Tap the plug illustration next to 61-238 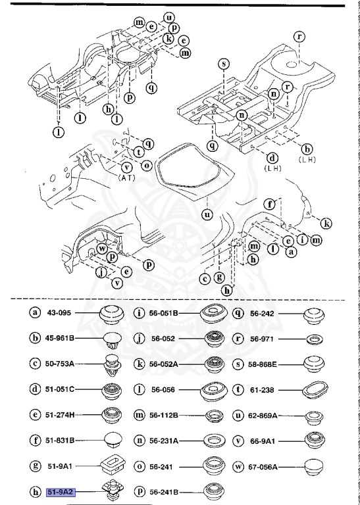pyautogui.click(x=314, y=390)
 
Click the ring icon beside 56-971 pyautogui.click(x=314, y=339)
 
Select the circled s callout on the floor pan pyautogui.click(x=224, y=64)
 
